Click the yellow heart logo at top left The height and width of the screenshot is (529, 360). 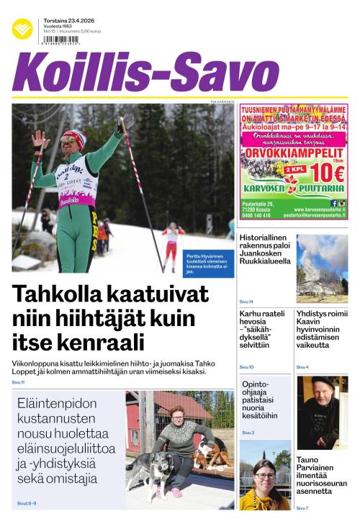pyautogui.click(x=22, y=29)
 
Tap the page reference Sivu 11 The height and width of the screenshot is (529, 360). pyautogui.click(x=19, y=382)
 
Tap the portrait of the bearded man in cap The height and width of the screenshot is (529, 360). pyautogui.click(x=322, y=412)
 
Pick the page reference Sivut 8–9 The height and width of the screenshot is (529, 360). pyautogui.click(x=27, y=503)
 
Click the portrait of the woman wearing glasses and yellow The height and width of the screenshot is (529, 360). pyautogui.click(x=265, y=484)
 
